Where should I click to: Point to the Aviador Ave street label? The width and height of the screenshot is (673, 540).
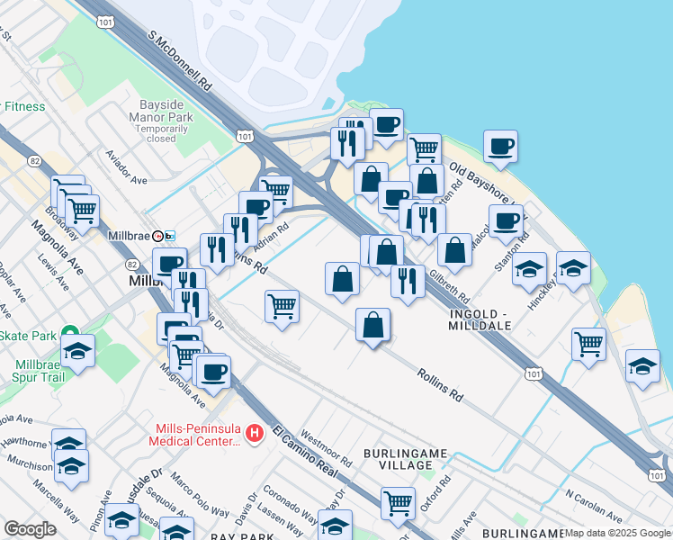point(126,167)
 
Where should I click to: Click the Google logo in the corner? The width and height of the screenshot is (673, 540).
point(30,529)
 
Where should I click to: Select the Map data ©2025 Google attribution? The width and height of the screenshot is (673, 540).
point(617,533)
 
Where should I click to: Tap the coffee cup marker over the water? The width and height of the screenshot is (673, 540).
point(500,146)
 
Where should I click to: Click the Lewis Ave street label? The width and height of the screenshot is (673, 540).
point(54,271)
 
